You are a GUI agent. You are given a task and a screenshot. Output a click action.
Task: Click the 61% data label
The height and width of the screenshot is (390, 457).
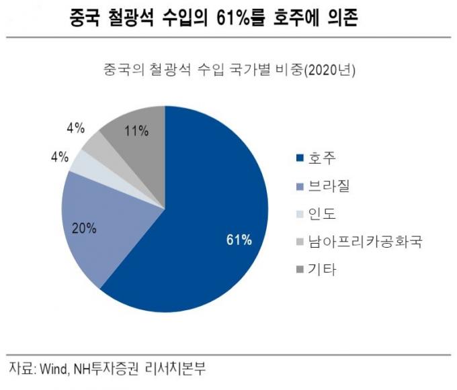[239, 240]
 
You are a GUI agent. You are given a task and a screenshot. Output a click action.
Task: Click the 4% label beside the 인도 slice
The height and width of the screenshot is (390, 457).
[58, 157]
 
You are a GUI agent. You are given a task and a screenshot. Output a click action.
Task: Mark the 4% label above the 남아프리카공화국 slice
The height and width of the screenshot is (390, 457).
[75, 126]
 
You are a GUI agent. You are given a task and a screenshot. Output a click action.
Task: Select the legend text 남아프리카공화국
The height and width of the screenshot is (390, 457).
[364, 242]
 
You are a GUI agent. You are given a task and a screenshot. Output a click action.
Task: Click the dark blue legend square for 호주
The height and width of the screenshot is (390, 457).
[300, 159]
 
